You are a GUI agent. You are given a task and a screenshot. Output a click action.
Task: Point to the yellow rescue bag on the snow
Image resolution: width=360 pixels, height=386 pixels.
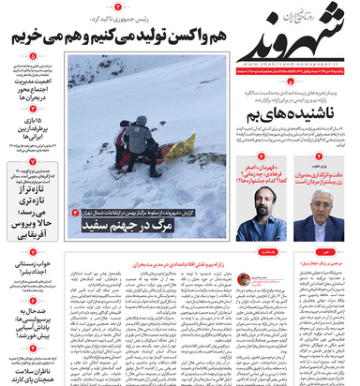tap(178, 147)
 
